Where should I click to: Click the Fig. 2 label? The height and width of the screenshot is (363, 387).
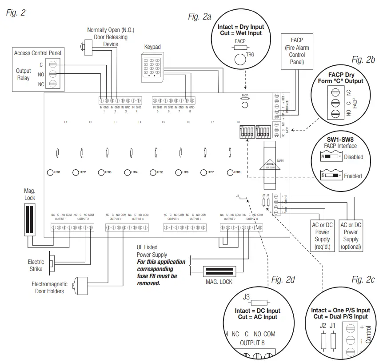point(16,12)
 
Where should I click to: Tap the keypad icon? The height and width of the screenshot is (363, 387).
point(152,67)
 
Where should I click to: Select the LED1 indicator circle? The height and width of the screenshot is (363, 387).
point(50,172)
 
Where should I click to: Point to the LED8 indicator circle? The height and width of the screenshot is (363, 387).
point(230,172)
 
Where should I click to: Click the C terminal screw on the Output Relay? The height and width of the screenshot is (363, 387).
point(52,64)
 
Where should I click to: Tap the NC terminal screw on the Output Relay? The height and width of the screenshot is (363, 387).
point(52,84)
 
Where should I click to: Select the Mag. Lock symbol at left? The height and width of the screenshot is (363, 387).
point(30,219)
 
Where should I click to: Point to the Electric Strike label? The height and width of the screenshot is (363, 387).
point(36,265)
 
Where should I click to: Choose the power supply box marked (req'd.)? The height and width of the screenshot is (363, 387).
point(322,235)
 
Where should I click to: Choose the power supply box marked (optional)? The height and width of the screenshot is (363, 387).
point(351,235)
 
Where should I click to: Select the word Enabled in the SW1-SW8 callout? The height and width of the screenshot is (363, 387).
point(353,176)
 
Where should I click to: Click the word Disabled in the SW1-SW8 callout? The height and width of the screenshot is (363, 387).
point(354,157)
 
